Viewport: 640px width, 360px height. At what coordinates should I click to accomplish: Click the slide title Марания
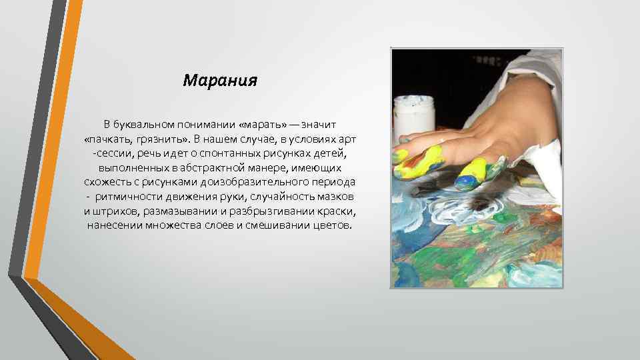[x=220, y=81]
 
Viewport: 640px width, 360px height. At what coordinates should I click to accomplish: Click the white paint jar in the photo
[x=415, y=116]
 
